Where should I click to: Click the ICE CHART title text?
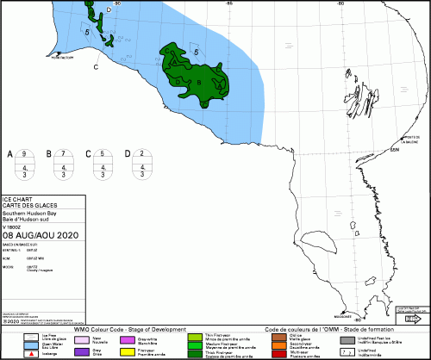click(18, 201)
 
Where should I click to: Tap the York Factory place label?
click(62, 59)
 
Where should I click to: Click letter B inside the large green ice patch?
click(199, 82)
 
